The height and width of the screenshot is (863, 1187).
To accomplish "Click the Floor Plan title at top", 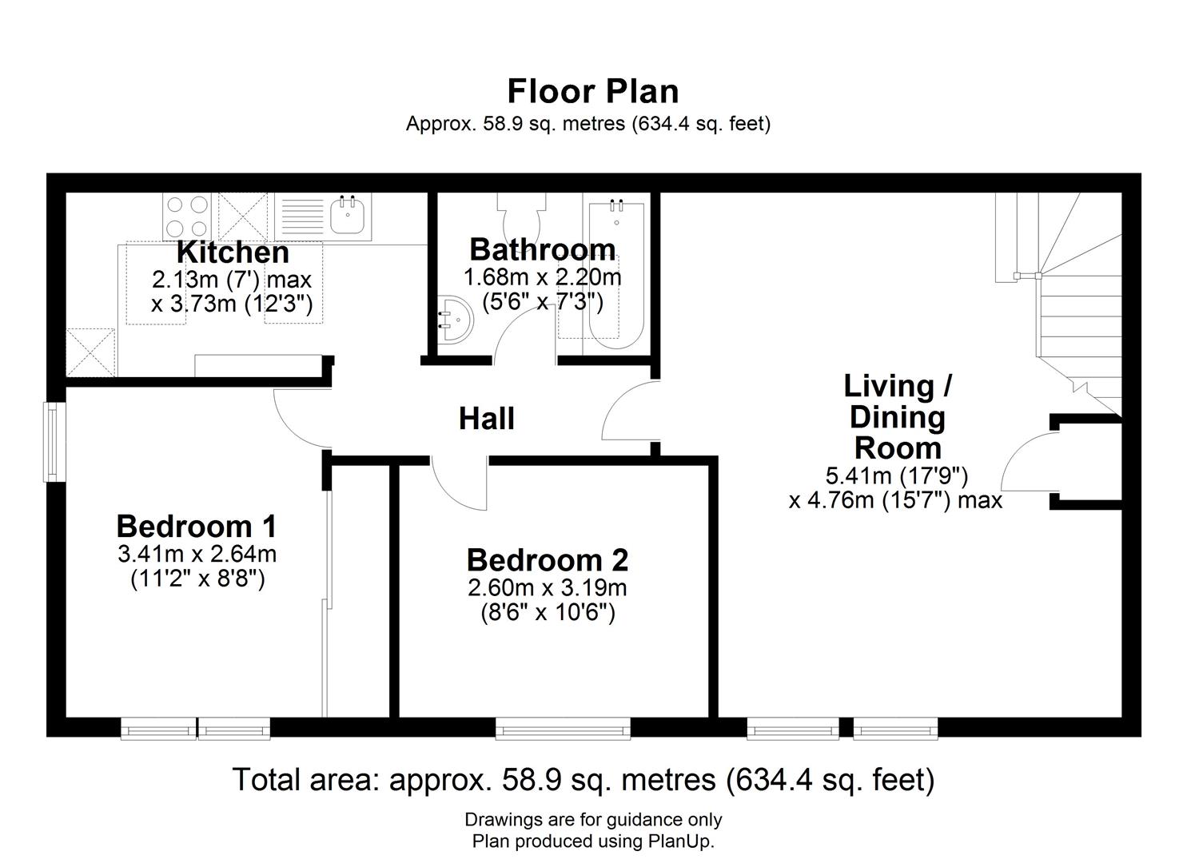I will coord(593,92).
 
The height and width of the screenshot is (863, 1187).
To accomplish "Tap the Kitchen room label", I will coord(233,252).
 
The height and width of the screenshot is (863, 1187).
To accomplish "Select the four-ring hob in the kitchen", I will coord(186,216).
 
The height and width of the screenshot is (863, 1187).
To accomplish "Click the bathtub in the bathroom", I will coord(615,276).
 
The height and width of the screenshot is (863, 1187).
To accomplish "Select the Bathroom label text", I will coord(543,249).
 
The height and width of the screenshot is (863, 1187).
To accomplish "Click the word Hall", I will coord(486,419).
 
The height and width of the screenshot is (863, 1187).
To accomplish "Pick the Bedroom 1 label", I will coord(197,527).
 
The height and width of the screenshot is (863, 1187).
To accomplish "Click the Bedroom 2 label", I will coord(548,560).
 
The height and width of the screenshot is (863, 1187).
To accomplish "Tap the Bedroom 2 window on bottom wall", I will coord(563,727).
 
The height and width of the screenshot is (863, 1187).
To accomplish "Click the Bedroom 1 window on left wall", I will coord(54,442).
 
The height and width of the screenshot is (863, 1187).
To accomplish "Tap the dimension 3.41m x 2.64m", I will coord(197,553).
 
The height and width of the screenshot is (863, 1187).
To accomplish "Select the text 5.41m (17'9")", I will coord(897,476).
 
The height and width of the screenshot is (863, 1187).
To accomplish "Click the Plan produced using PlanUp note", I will coord(593,841).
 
